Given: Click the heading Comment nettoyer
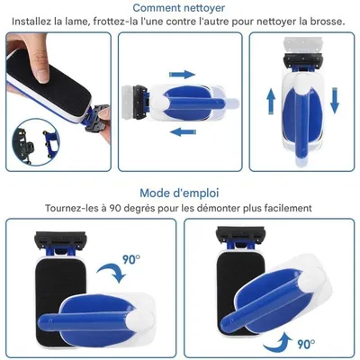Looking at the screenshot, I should (180, 7).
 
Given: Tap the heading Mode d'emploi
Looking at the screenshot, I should (180, 193).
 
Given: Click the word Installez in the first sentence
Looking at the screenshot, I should (35, 21).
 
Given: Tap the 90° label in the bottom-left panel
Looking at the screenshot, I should (132, 259).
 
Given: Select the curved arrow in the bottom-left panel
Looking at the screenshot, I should (114, 271).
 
